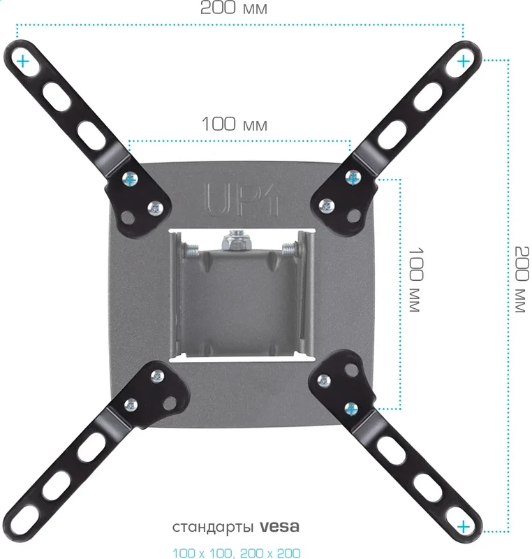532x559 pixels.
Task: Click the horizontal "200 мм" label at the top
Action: (234, 8)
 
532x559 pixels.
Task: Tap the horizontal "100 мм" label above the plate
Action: (235, 124)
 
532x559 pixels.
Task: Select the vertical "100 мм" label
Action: (415, 279)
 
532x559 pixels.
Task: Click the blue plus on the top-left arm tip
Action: (23, 61)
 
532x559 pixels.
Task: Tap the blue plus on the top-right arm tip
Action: (464, 61)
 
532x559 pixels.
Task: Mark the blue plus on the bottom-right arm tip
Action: (464, 527)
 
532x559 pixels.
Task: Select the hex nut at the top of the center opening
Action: (236, 241)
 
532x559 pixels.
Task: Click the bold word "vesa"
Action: (279, 527)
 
